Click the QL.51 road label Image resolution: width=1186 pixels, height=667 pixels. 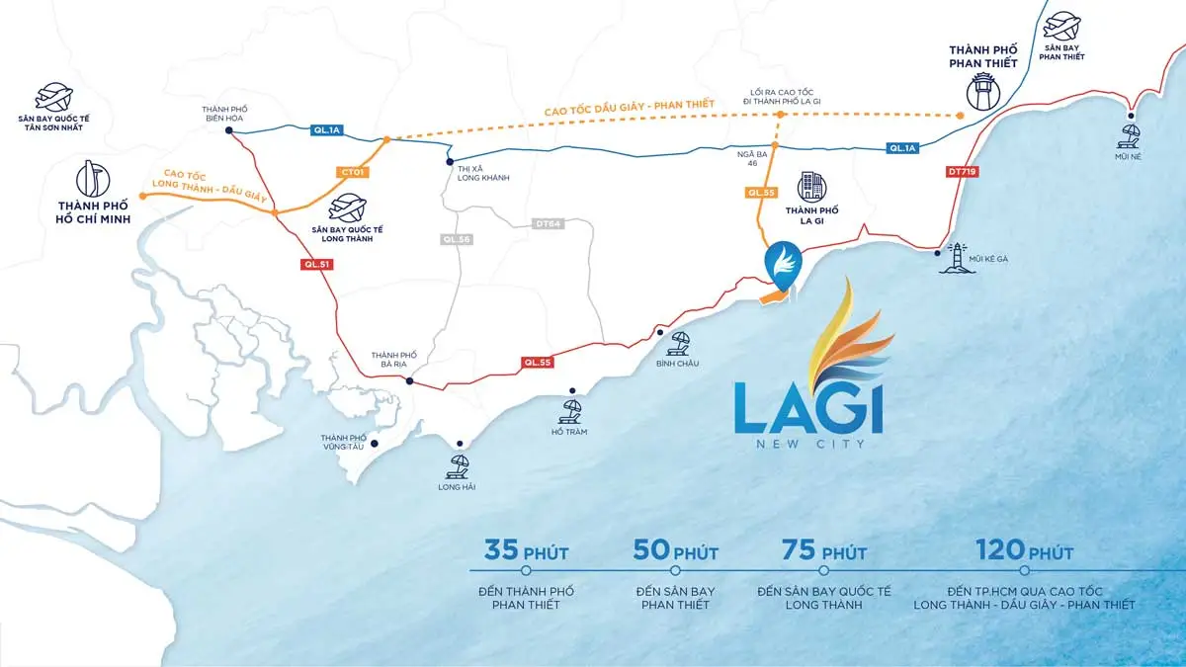coord(314,265)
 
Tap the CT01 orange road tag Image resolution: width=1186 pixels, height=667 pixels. coord(353,173)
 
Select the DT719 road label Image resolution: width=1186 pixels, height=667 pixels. coord(961,171)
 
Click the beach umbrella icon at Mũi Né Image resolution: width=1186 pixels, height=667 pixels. coord(1131,129)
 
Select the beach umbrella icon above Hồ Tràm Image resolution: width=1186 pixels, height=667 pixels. coord(570,409)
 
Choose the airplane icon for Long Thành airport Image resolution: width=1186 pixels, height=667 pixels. coord(347,208)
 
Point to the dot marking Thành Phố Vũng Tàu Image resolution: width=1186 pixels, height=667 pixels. coord(374,457)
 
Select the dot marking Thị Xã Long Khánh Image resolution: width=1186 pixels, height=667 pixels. coord(450,161)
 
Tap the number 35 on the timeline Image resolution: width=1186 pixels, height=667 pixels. coord(501,550)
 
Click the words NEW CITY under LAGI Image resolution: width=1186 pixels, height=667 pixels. coord(807,444)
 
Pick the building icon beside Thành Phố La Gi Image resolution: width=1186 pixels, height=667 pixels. coord(812,186)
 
